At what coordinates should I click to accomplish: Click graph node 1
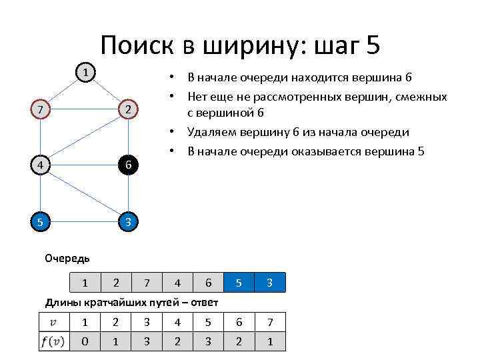tap(84, 71)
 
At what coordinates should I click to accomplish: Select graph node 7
tap(41, 109)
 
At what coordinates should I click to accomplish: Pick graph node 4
tap(41, 165)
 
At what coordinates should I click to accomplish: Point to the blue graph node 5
tap(41, 221)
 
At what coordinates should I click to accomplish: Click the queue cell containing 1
tap(85, 283)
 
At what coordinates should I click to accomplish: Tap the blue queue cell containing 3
tap(269, 283)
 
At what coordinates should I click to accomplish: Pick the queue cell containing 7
tap(147, 283)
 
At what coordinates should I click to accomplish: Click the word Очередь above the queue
tap(67, 258)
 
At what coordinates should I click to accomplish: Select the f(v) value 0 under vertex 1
tap(85, 342)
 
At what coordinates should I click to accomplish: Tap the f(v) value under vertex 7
tap(269, 342)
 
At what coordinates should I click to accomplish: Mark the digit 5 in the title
tap(372, 45)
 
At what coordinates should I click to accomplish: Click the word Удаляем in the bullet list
tap(213, 132)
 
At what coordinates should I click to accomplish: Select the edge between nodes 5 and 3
tap(84, 221)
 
